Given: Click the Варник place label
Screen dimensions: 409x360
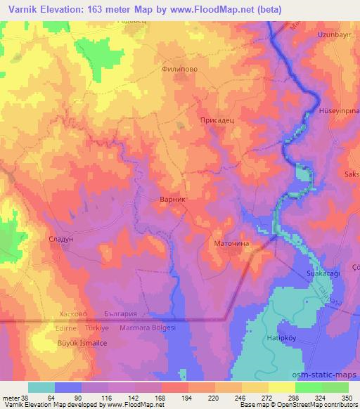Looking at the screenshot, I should (x=172, y=200).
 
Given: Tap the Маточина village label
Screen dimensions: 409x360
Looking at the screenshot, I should (x=231, y=244).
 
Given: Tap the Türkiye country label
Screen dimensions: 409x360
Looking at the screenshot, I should (x=98, y=328).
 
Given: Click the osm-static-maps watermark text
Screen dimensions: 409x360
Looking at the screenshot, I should (x=329, y=372).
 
